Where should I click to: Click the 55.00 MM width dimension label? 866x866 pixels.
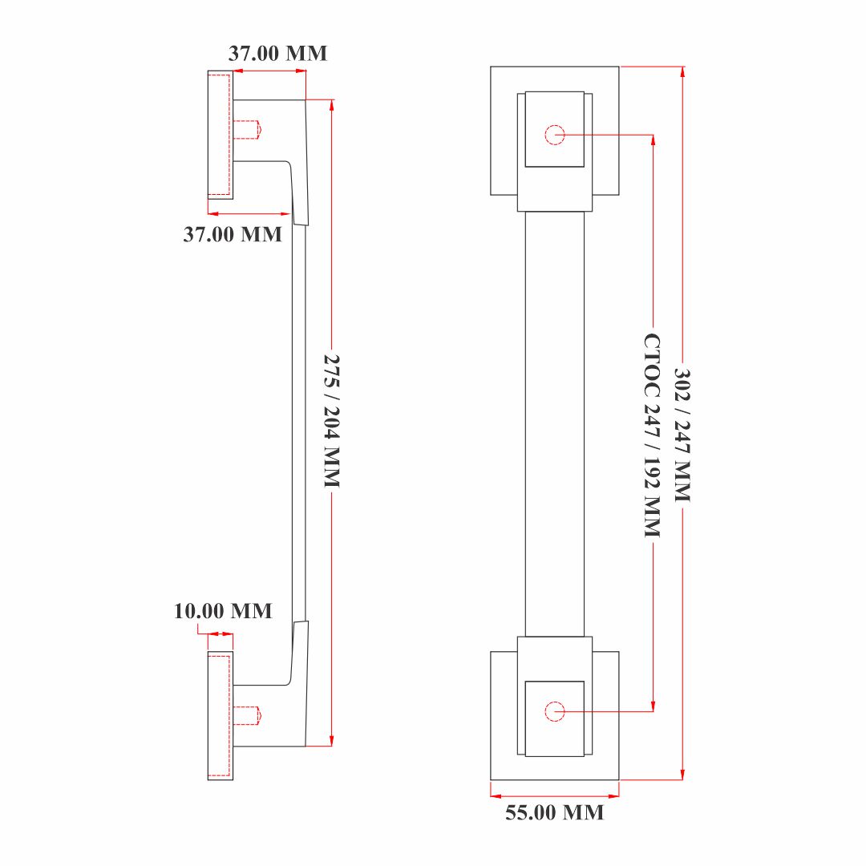555,812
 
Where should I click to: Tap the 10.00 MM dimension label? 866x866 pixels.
223,611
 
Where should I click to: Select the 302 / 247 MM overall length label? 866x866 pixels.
682,435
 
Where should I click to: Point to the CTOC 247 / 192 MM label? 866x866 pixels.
652,435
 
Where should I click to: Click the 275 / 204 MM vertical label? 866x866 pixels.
331,421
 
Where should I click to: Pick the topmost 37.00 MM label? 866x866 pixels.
277,53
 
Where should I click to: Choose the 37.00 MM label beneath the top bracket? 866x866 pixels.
233,234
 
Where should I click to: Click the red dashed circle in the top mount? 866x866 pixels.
555,135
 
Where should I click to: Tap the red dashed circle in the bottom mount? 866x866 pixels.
555,711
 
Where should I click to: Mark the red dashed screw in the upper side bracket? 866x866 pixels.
247,130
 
